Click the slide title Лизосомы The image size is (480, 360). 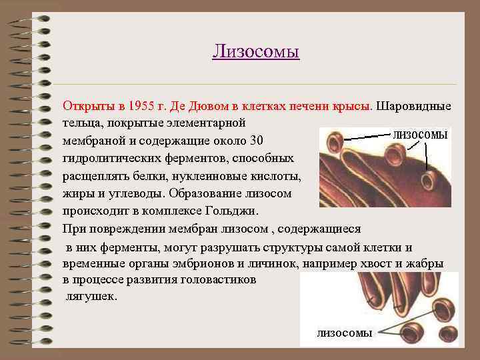256,51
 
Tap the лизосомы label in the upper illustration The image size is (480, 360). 420,135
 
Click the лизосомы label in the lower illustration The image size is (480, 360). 344,333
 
